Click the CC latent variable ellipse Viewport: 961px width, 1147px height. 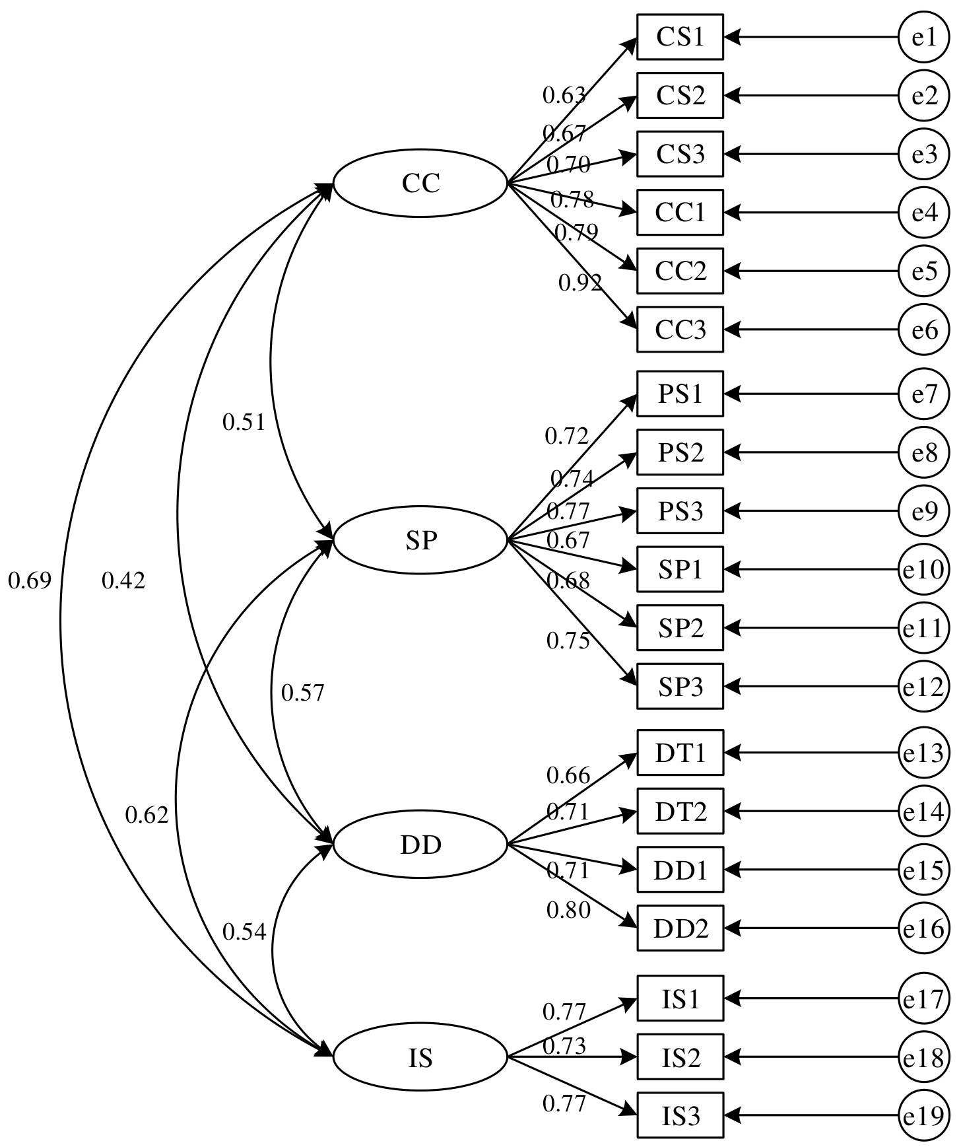420,183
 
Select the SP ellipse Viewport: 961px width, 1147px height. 420,540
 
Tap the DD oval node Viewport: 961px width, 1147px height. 420,845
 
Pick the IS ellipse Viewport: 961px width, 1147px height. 420,1058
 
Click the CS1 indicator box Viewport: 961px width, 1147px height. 680,37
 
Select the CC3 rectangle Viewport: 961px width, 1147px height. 680,329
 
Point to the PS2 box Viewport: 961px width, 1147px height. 680,452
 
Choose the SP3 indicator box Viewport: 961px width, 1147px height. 680,686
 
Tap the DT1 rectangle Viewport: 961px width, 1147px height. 680,752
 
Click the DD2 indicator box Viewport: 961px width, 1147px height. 680,928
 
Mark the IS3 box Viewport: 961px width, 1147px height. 680,1116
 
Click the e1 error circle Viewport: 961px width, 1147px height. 924,37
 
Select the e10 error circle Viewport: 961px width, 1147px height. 924,569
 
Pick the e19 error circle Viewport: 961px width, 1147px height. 924,1116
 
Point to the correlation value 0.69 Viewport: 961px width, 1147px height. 30,581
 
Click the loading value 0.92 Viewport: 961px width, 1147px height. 580,283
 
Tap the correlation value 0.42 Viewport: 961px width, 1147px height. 123,581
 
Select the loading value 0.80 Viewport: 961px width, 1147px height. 568,911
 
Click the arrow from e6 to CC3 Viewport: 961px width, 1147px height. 812,329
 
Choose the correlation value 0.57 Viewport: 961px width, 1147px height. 303,693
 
